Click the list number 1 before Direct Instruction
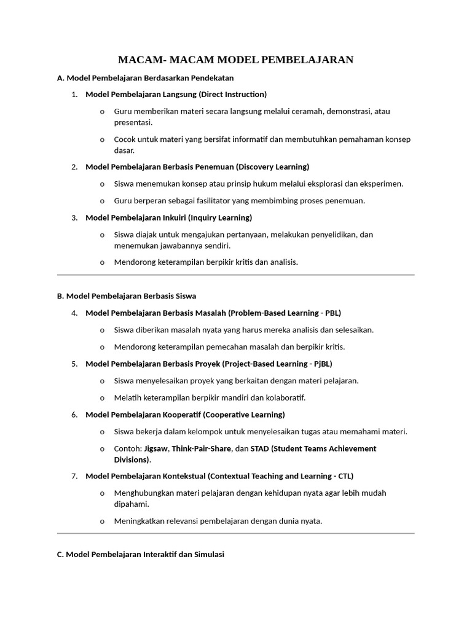click(x=74, y=95)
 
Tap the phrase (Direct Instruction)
click(x=232, y=95)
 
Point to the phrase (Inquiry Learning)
click(x=220, y=217)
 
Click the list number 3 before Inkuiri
click(x=74, y=217)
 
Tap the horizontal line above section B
click(x=235, y=275)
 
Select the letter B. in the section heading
click(x=60, y=296)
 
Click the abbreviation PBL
click(x=332, y=313)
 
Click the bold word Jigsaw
click(x=156, y=448)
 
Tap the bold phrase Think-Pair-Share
click(x=202, y=448)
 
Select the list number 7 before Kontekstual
click(x=74, y=476)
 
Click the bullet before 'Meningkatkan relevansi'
click(x=101, y=522)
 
